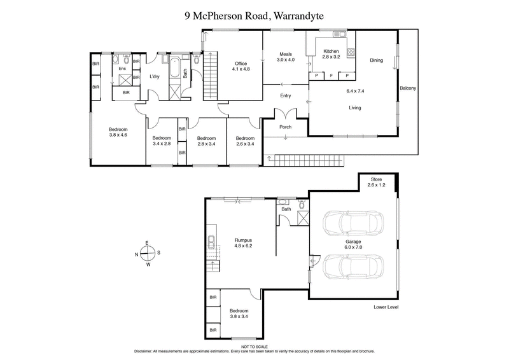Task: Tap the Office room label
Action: (241, 66)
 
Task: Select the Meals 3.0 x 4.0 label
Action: (286, 57)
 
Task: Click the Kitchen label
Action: (331, 53)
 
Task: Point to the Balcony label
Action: (407, 88)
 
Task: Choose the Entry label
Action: (285, 96)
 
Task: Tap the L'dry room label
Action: (154, 77)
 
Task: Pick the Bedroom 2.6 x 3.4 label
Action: (244, 141)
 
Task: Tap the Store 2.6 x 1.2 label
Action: (377, 184)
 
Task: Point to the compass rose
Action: (147, 254)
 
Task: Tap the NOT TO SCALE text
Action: (254, 346)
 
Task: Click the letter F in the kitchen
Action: (331, 76)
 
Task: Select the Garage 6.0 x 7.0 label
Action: (354, 246)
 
